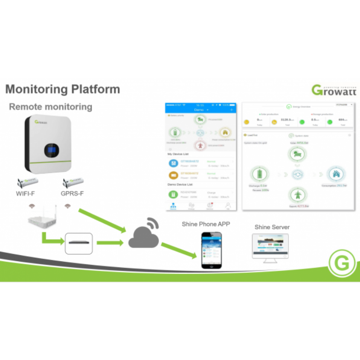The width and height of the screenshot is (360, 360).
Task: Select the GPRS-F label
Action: click(72, 193)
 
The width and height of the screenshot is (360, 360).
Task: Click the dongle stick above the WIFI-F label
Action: click(28, 182)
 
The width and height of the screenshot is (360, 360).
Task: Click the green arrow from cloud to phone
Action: click(178, 250)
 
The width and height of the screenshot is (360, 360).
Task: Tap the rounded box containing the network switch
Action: click(79, 243)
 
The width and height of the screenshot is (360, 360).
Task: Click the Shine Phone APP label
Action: click(206, 224)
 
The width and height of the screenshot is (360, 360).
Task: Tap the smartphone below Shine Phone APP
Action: click(211, 250)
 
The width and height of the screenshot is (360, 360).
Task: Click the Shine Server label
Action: click(272, 227)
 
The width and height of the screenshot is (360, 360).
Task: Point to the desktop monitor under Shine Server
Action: click(270, 247)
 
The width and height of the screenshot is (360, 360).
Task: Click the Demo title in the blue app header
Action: click(199, 110)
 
